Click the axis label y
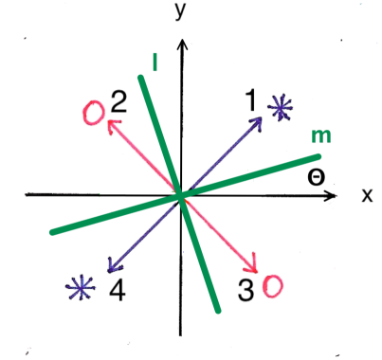click(179, 10)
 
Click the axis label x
click(367, 196)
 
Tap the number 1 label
click(253, 98)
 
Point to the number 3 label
click(246, 291)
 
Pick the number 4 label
click(117, 289)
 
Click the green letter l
click(154, 63)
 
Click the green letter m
click(322, 138)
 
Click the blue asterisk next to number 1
click(280, 107)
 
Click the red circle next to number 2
click(95, 113)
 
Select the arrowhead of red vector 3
click(254, 270)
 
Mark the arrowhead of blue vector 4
click(109, 270)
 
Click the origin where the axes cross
click(180, 196)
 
